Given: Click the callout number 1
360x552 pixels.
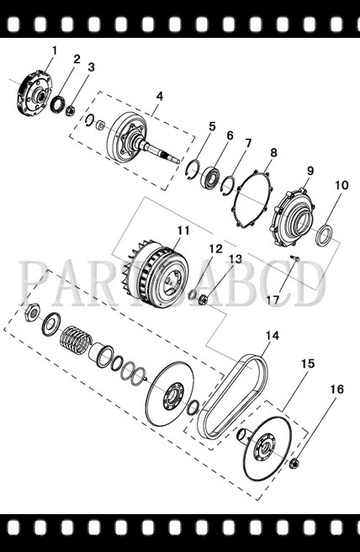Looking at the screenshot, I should (x=54, y=50).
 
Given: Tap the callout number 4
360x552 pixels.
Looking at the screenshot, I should (x=158, y=97).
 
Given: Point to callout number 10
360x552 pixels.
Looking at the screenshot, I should (x=341, y=185).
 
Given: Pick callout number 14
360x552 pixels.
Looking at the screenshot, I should (x=271, y=337).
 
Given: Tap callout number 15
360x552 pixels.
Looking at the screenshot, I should (x=307, y=364).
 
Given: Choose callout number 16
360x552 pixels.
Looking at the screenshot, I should (x=336, y=390).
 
